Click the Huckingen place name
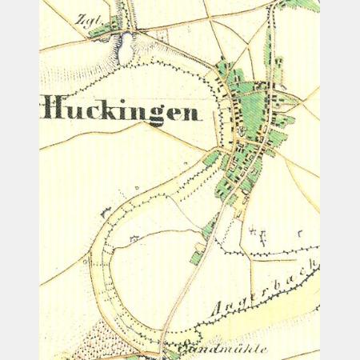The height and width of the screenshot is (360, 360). click(x=120, y=109)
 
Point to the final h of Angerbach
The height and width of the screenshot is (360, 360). click(x=314, y=266)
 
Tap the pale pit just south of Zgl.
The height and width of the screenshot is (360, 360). click(x=126, y=52)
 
